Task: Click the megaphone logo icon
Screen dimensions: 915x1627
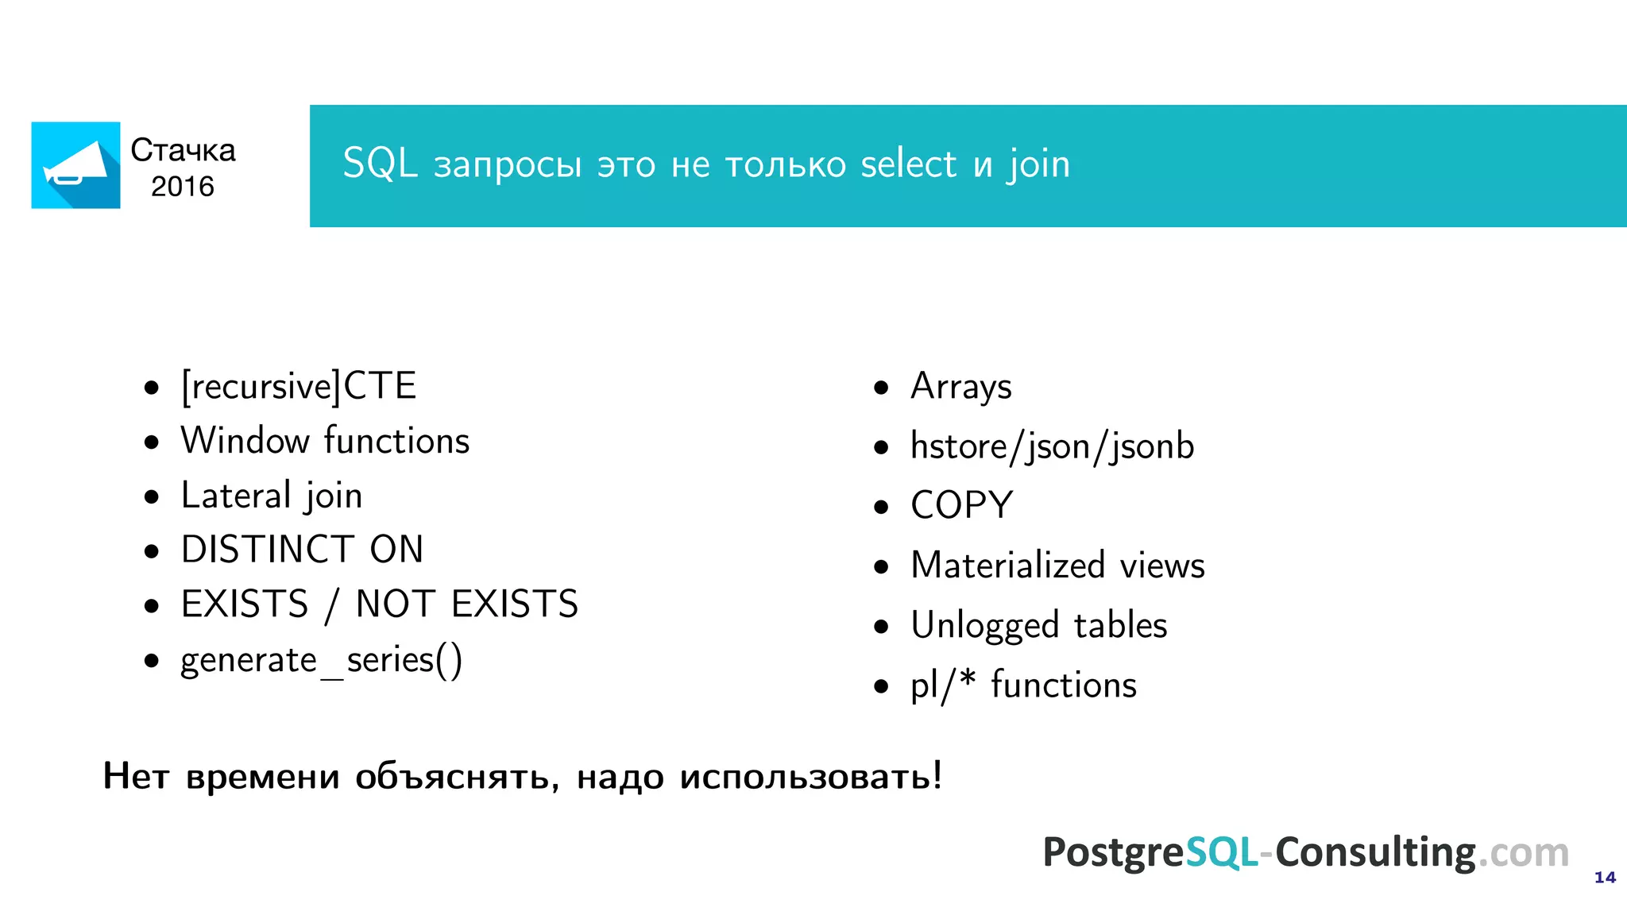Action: (75, 165)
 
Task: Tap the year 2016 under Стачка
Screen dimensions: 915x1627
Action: (183, 187)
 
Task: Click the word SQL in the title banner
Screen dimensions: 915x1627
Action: (380, 164)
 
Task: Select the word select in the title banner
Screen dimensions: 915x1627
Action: (908, 164)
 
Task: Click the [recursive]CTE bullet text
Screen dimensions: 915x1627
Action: (299, 387)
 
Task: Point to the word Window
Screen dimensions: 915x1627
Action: (245, 441)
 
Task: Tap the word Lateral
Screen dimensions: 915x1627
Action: (236, 496)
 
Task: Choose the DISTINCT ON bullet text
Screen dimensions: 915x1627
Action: (302, 550)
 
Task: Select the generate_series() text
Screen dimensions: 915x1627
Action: (321, 660)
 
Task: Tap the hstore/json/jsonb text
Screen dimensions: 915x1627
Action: (1052, 446)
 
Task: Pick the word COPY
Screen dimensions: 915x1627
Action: (961, 506)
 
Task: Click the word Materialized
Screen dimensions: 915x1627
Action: (1007, 566)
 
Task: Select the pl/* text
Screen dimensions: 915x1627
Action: (943, 685)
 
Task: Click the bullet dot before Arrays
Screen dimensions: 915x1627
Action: (880, 388)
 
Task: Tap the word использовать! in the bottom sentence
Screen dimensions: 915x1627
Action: (810, 776)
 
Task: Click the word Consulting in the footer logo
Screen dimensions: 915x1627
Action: (1375, 852)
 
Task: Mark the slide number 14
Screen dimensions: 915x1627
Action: (1605, 878)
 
